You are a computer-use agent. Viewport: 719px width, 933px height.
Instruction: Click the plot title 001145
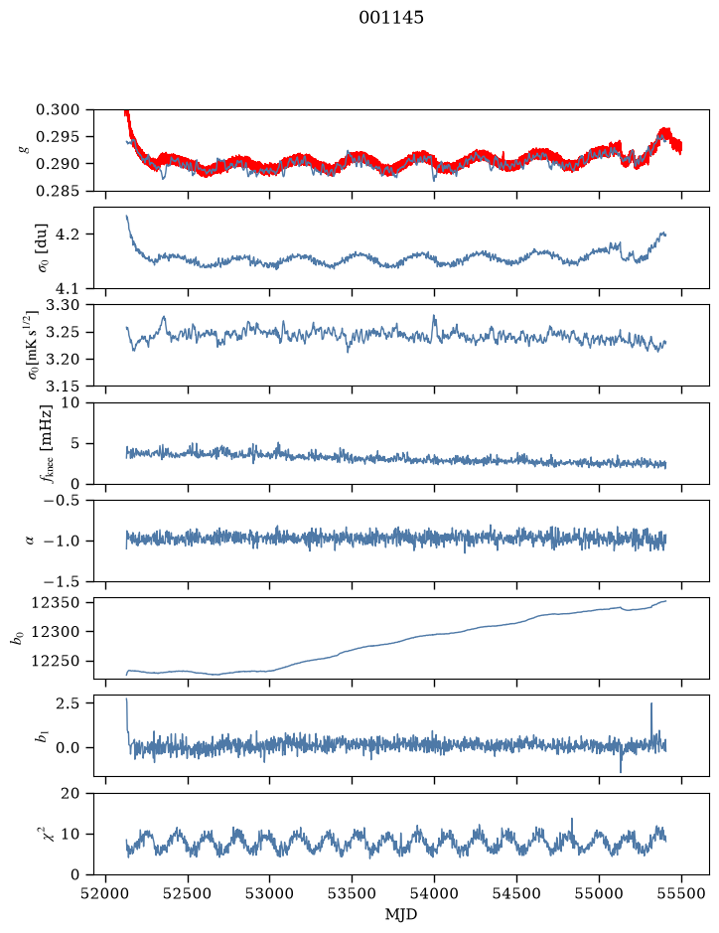click(x=390, y=18)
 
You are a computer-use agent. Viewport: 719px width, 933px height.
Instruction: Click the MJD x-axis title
click(x=401, y=914)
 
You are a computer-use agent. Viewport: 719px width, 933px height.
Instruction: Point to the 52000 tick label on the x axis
click(x=106, y=893)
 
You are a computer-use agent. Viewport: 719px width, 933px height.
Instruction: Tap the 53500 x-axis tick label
click(x=353, y=893)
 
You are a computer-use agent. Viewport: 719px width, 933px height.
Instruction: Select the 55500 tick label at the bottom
click(x=681, y=893)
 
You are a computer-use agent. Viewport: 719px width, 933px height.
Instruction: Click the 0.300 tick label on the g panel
click(x=58, y=109)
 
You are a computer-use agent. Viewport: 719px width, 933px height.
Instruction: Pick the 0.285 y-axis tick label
click(x=58, y=191)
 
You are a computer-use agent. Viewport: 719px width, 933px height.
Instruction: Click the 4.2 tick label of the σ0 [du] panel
click(x=68, y=234)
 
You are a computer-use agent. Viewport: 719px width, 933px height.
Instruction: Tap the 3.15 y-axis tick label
click(x=63, y=387)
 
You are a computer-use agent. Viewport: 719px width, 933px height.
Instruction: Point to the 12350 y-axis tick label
click(x=56, y=603)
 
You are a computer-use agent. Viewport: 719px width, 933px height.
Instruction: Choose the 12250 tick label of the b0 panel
click(x=56, y=661)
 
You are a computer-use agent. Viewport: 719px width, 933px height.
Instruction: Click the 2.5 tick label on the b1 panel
click(x=68, y=702)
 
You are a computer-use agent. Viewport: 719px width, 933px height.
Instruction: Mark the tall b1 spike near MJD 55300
click(x=651, y=703)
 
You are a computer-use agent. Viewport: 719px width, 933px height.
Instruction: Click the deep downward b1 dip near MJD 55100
click(x=621, y=771)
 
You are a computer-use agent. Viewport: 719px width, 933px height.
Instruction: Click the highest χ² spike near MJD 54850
click(x=572, y=820)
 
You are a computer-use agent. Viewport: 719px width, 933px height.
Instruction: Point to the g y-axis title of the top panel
click(x=25, y=150)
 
